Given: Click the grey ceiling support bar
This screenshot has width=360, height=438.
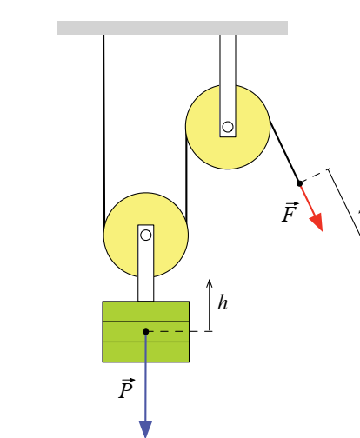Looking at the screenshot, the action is [172, 28].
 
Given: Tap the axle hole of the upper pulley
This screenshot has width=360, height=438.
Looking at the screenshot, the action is [228, 127].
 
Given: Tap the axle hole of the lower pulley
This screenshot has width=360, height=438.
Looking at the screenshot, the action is [146, 236].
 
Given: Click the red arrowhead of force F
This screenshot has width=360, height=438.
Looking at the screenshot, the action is [317, 222].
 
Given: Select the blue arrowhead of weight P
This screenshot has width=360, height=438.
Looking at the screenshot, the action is [145, 429].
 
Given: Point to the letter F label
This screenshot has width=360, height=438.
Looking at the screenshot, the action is [290, 212].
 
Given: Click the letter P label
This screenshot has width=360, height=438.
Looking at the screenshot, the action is [127, 388].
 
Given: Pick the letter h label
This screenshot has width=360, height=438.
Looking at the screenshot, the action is [223, 302].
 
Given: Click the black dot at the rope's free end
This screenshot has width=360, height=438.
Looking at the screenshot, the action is [300, 183].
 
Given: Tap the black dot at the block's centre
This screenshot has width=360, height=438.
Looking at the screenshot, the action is [146, 332].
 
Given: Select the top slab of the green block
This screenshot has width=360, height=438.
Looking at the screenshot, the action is [146, 311].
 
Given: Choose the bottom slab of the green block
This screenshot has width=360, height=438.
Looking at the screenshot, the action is [146, 352].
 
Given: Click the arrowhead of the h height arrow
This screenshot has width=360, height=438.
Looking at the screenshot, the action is [210, 283].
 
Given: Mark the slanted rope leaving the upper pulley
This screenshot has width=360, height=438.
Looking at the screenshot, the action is [284, 151].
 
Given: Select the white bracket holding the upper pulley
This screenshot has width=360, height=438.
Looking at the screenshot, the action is [228, 86].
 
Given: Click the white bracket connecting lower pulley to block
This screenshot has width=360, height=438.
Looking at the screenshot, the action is [146, 263].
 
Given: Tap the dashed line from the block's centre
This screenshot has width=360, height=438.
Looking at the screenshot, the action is [179, 331].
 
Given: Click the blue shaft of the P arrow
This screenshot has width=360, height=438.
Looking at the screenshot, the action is [145, 376].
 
